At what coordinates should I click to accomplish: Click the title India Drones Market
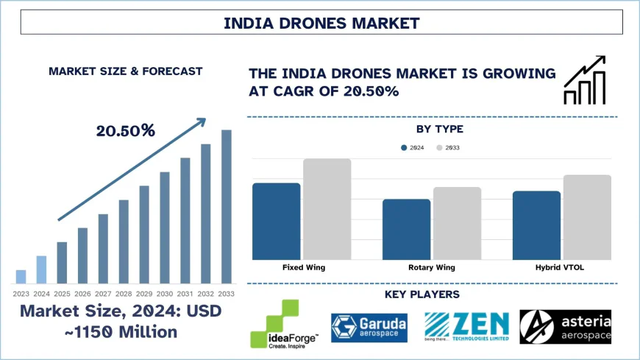321,23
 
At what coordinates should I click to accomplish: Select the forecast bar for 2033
227,207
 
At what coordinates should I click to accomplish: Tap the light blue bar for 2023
21,277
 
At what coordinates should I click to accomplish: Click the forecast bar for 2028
124,241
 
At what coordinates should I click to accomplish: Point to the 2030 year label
165,294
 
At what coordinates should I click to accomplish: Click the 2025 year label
62,294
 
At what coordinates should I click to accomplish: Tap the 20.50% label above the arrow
125,131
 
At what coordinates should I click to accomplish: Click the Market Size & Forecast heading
125,71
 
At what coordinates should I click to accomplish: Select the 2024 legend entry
413,148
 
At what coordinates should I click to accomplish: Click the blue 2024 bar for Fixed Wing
276,221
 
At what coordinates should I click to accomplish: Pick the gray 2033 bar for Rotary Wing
457,223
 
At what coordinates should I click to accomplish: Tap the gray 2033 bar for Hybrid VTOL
586,217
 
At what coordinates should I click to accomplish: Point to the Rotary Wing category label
432,268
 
